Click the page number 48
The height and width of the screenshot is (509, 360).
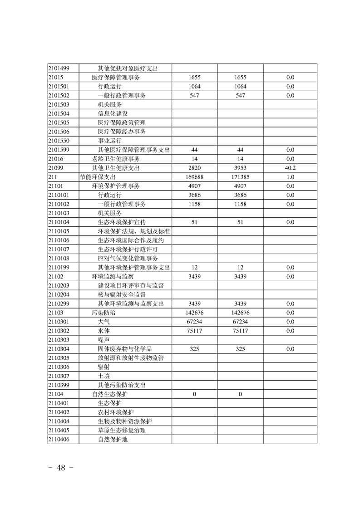pos(61,468)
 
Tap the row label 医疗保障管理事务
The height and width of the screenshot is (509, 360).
pos(115,78)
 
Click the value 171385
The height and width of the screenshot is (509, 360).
pos(240,177)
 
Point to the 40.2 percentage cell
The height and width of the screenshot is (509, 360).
pos(290,168)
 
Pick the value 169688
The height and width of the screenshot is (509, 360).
pos(194,177)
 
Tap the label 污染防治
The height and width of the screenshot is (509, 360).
pos(101,313)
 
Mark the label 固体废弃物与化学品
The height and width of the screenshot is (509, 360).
pos(125,349)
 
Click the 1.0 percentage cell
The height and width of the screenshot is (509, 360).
pos(290,177)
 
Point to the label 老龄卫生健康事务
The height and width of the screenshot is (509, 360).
pos(116,159)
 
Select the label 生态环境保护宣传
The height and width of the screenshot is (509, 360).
pos(122,222)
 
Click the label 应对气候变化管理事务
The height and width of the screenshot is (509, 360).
pos(128,259)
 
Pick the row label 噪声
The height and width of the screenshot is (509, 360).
pos(104,340)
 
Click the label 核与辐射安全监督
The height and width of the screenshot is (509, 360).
pos(122,294)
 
